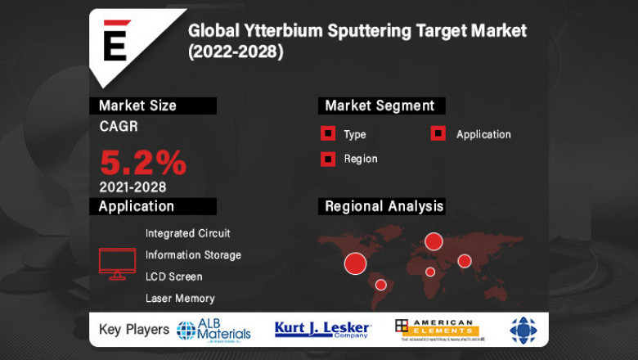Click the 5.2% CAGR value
click(x=143, y=163)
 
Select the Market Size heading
click(x=137, y=106)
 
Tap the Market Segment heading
click(x=380, y=106)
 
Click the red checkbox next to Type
click(x=328, y=134)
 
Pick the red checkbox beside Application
click(x=438, y=134)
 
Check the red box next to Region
click(x=328, y=159)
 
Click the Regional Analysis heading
click(x=384, y=205)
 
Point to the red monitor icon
click(x=117, y=263)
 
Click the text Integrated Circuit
click(x=188, y=233)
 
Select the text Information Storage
click(x=193, y=255)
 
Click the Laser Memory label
click(x=180, y=299)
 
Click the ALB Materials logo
click(x=213, y=330)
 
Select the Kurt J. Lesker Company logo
click(x=323, y=330)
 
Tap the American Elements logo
click(x=434, y=330)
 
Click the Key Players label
click(x=133, y=330)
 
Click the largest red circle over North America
click(x=355, y=263)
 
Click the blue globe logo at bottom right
click(x=523, y=330)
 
